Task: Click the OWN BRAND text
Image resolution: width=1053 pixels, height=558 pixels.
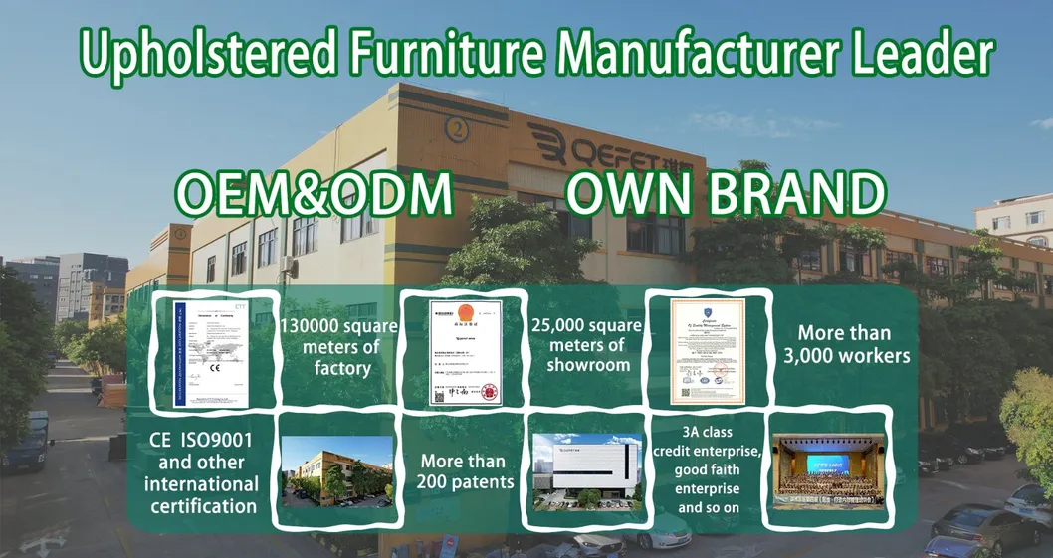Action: coord(724,195)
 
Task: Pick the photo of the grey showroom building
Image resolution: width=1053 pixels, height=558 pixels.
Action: coord(587,470)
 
